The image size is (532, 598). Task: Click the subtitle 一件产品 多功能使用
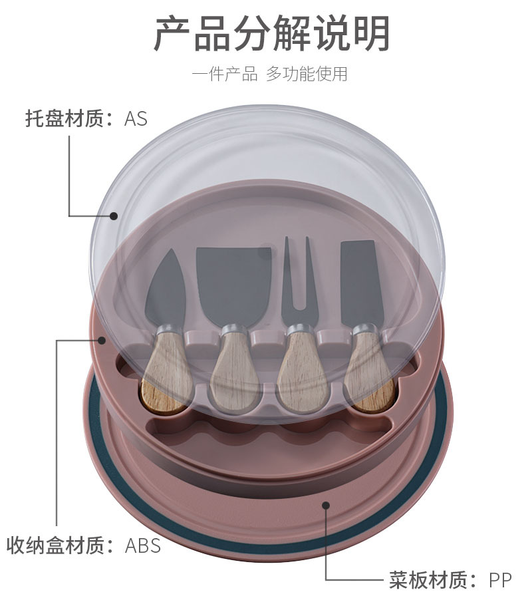pos(269,74)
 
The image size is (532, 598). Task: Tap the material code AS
pos(136,119)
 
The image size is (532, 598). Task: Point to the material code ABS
pos(143,546)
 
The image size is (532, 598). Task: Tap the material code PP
pos(500,580)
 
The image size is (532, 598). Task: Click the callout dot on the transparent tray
pos(114,216)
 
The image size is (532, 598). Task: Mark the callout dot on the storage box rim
pos(102,341)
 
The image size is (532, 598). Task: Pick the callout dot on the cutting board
pos(326,506)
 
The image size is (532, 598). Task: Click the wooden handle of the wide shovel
pos(235,373)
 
